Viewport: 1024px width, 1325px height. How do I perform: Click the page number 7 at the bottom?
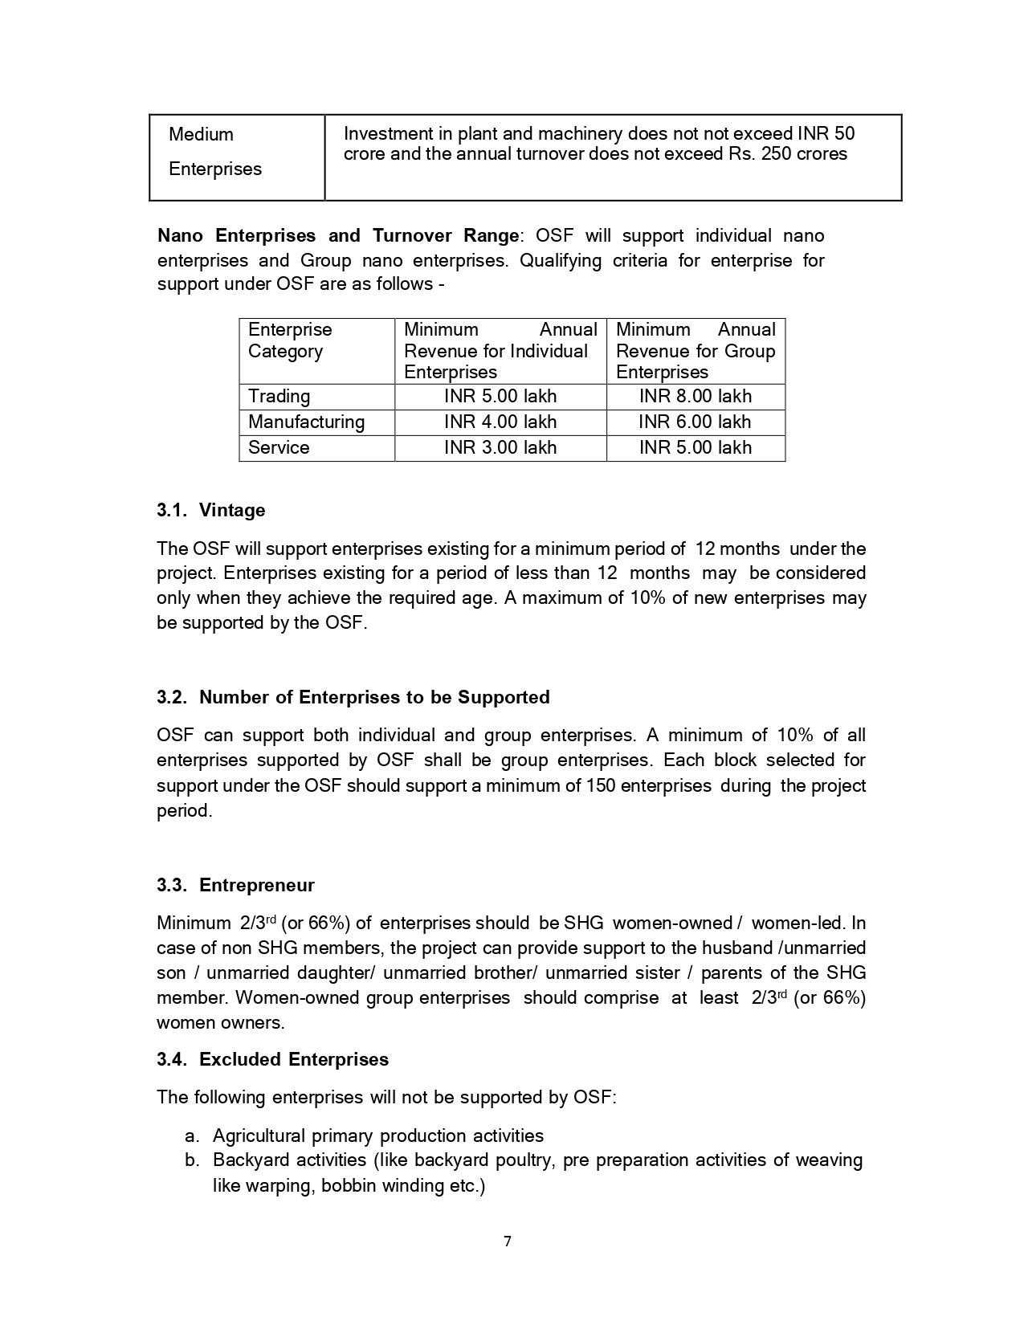tap(508, 1241)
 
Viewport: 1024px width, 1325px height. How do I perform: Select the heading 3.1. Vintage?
tap(211, 510)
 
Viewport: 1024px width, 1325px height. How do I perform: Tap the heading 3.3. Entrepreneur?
tap(235, 885)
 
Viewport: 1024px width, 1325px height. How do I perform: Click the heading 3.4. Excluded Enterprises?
tap(272, 1059)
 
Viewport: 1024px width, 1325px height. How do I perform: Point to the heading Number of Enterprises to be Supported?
tap(374, 697)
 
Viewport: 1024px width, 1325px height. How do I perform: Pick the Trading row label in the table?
tap(279, 396)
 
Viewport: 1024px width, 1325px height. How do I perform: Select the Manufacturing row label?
tap(306, 422)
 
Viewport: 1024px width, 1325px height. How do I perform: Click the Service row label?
tap(279, 447)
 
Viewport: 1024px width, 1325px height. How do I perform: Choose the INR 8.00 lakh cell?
tap(696, 396)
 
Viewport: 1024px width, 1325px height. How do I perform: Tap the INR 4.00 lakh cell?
tap(500, 422)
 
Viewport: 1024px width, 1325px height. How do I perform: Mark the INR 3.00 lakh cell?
tap(500, 447)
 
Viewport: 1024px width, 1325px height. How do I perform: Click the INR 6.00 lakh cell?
tap(696, 422)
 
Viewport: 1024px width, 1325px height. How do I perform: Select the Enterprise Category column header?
tap(289, 340)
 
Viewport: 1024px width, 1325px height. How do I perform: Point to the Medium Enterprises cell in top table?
tap(215, 151)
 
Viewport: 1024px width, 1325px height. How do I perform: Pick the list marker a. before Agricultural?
tap(191, 1135)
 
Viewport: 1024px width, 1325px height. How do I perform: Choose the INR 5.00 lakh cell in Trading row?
tap(500, 396)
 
